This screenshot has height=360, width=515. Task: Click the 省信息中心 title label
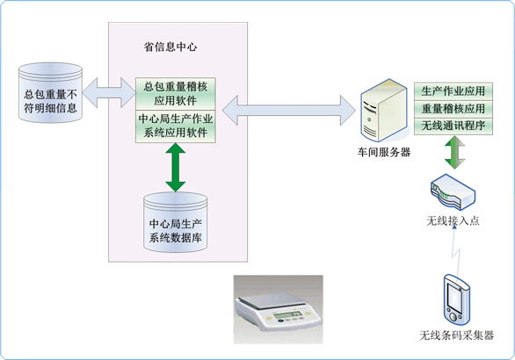[170, 47]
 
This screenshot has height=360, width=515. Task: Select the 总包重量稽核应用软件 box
[176, 94]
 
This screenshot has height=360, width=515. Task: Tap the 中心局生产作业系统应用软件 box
[176, 126]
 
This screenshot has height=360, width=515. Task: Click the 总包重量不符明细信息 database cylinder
[50, 93]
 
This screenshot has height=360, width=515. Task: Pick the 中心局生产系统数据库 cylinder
[176, 222]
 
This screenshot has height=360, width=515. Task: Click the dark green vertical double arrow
[176, 168]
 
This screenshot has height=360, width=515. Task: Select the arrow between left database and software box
[109, 93]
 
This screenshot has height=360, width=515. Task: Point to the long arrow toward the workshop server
[289, 111]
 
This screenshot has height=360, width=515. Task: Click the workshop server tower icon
[384, 111]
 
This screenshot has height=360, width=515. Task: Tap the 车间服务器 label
[384, 152]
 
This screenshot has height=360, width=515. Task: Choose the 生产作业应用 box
[453, 91]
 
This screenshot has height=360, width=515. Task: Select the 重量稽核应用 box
[453, 109]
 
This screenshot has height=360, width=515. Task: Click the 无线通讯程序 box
[453, 126]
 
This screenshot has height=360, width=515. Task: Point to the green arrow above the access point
[455, 152]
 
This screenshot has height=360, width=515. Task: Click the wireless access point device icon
[453, 192]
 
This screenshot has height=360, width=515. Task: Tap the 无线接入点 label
[453, 220]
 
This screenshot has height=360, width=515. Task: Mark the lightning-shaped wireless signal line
[455, 250]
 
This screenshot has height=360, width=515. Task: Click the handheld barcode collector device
[456, 300]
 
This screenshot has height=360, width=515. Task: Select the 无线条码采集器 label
[456, 335]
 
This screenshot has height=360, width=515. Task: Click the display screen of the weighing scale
[285, 316]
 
